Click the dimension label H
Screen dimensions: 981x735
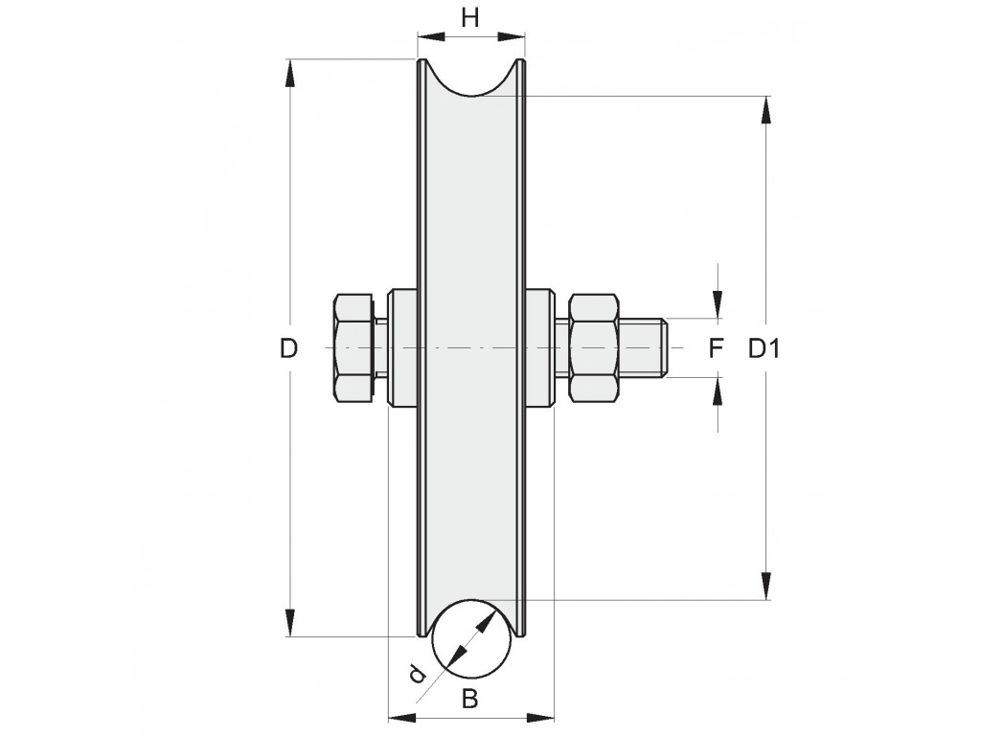pos(469,19)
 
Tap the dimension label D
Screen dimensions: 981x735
pos(288,348)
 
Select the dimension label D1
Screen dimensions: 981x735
pos(764,348)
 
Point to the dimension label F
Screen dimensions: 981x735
pos(717,348)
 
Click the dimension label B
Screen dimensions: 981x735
pos(469,699)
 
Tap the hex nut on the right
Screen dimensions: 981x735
pos(594,347)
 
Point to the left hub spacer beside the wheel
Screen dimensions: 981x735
pos(402,347)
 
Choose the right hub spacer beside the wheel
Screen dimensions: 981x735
pos(539,347)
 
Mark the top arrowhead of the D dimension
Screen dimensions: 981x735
pos(289,74)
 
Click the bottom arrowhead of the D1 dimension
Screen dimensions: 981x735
pos(765,585)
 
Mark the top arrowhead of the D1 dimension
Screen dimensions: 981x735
pos(765,111)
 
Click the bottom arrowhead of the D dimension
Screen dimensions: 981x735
pos(289,622)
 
